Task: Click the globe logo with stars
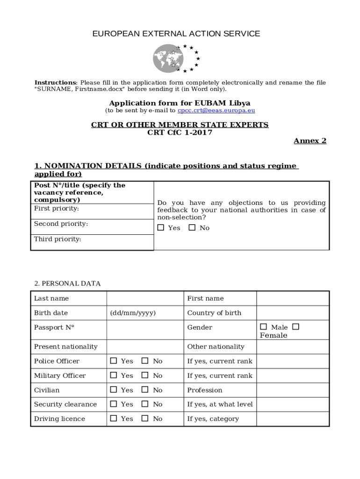(176, 58)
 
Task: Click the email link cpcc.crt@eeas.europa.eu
(216, 111)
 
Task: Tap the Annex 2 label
(310, 141)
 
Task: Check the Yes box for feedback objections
(161, 228)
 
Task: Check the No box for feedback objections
(192, 228)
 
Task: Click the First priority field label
(56, 209)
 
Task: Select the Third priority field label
(58, 239)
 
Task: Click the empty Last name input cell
(144, 298)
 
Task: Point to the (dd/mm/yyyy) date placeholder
(133, 313)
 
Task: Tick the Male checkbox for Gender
(264, 327)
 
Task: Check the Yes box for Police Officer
(114, 361)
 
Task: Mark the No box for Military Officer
(145, 375)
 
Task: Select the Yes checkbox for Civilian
(114, 390)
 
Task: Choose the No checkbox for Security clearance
(145, 404)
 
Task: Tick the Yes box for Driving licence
(114, 419)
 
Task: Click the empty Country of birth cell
(293, 313)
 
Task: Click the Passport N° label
(54, 327)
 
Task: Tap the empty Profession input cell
(293, 390)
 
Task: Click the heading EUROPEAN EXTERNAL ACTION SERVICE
(176, 34)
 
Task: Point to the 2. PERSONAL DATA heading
(67, 283)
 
